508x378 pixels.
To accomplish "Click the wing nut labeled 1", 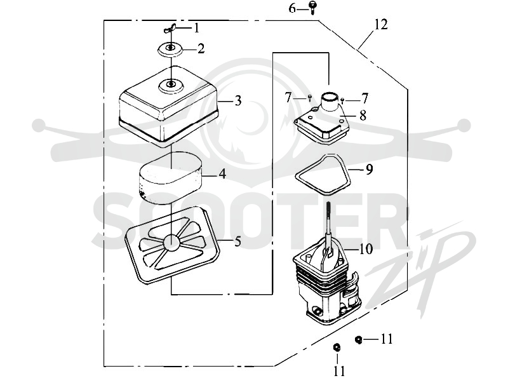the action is [170, 29].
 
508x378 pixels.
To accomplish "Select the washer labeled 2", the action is [170, 50].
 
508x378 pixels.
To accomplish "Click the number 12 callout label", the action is [381, 25].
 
